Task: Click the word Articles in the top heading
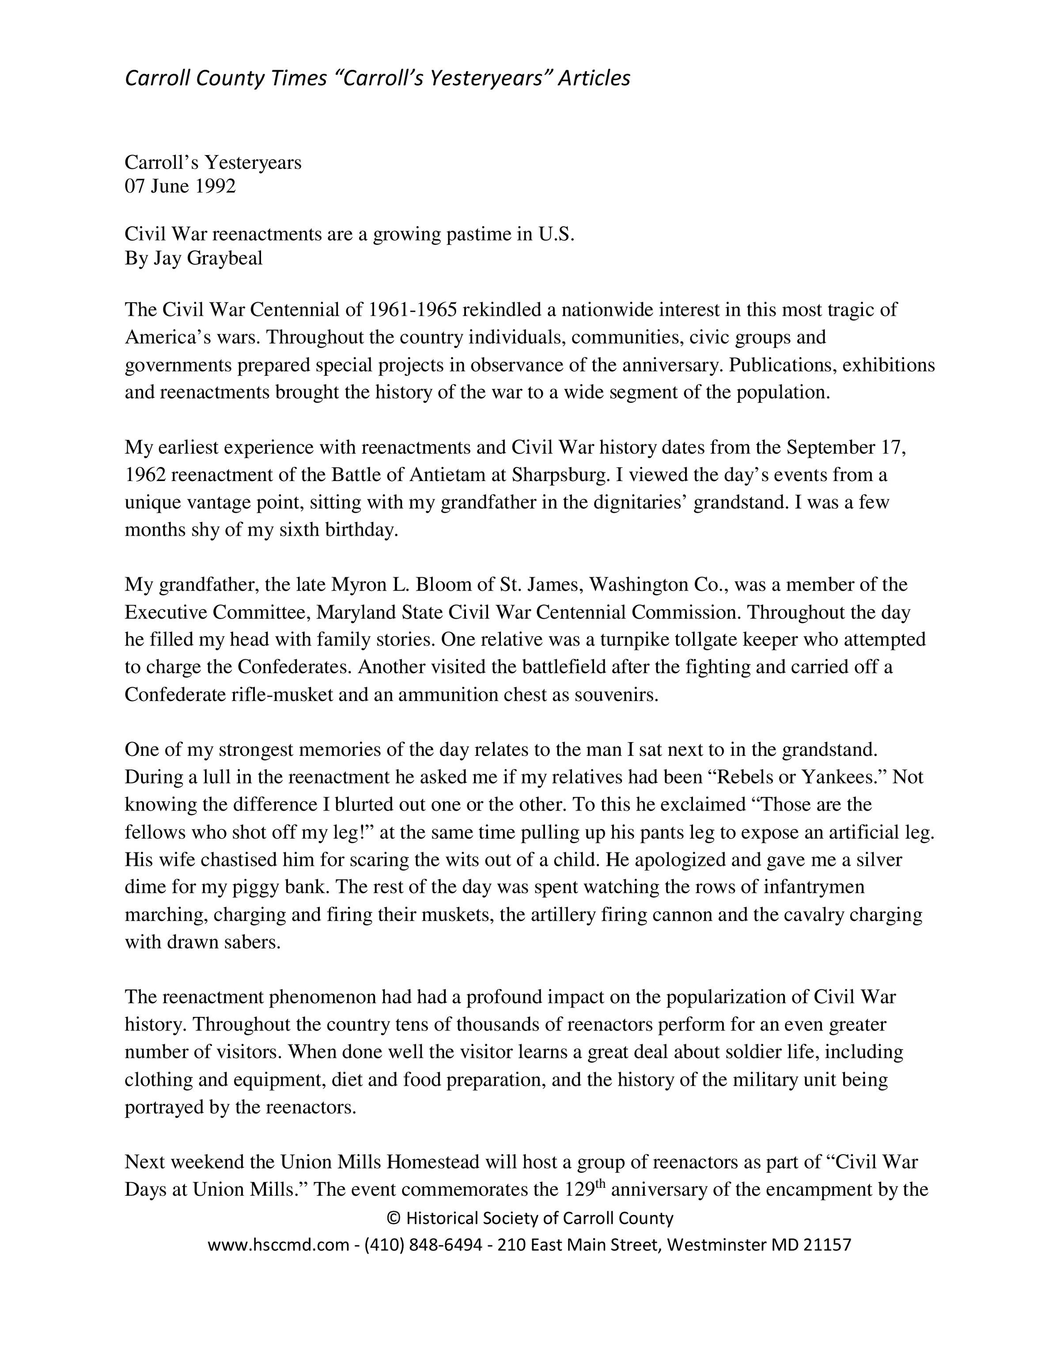(594, 79)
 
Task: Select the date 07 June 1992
(180, 186)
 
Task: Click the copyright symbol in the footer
(394, 1219)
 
